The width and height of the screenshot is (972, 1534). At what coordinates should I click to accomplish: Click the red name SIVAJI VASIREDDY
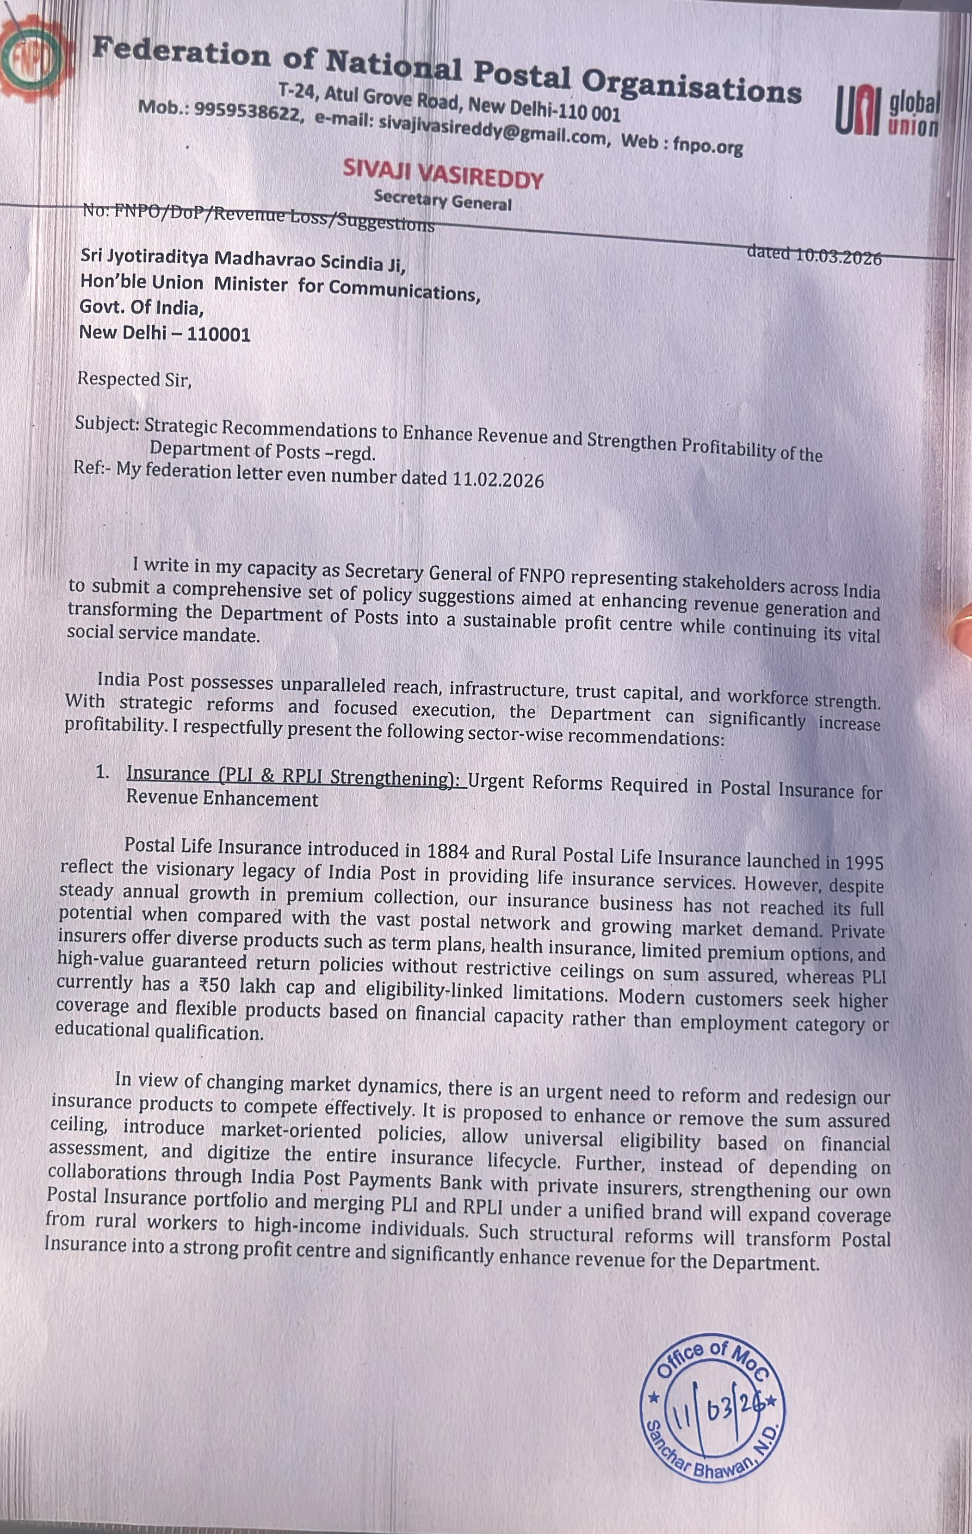tap(443, 174)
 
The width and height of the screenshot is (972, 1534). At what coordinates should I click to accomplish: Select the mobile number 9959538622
tap(247, 112)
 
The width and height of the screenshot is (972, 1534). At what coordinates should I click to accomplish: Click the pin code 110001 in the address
tap(218, 334)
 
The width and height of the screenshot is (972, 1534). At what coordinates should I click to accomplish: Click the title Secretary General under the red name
tap(443, 201)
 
